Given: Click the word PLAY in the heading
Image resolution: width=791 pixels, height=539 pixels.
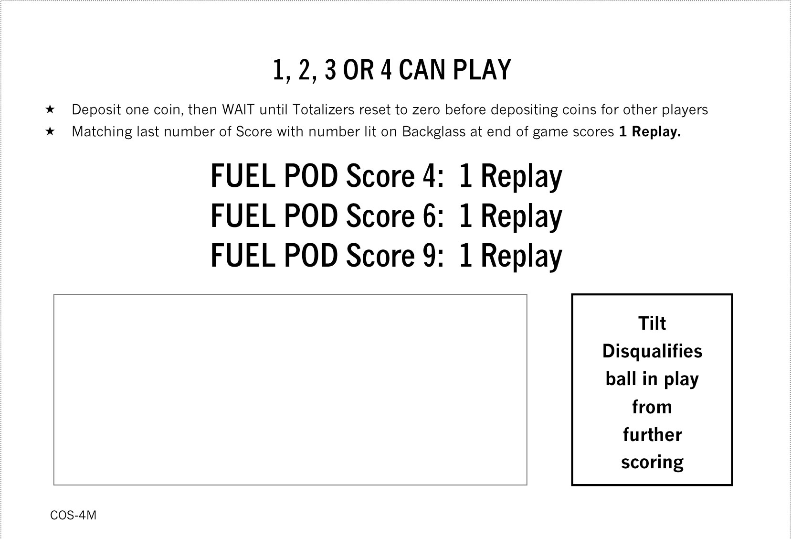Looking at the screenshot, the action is click(x=482, y=70).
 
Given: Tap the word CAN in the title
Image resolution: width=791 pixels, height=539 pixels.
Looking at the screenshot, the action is click(x=422, y=70).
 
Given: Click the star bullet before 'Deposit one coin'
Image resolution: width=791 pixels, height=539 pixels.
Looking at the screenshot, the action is click(x=50, y=109).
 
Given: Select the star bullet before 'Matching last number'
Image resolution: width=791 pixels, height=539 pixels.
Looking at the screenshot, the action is click(x=50, y=131).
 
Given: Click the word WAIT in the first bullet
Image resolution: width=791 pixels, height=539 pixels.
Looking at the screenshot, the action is click(x=238, y=109).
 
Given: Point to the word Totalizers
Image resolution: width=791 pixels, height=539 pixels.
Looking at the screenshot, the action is click(x=323, y=109).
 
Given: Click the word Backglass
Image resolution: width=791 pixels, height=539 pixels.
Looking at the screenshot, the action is click(x=433, y=132).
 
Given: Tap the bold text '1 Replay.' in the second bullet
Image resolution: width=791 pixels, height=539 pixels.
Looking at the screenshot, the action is click(x=650, y=131).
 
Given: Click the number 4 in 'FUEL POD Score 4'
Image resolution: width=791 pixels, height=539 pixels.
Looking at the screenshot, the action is click(x=430, y=176).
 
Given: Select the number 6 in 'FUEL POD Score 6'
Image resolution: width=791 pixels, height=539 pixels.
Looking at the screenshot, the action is click(x=430, y=216).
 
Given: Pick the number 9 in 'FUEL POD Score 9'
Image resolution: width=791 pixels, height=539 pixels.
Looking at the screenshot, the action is click(x=430, y=255).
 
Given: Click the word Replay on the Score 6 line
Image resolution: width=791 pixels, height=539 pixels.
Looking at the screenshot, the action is click(x=521, y=217).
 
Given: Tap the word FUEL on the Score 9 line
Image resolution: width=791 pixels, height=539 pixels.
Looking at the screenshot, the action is click(x=243, y=255).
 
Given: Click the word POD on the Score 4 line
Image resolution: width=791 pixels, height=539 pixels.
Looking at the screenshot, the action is click(x=311, y=176).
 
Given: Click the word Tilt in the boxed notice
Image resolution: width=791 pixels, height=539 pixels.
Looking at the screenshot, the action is click(x=652, y=323).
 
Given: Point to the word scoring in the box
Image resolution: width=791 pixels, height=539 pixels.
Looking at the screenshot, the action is click(x=652, y=463).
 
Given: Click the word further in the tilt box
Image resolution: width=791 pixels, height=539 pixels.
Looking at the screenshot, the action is click(x=652, y=434).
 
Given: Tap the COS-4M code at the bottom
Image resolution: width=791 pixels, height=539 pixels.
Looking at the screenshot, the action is click(x=73, y=515).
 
